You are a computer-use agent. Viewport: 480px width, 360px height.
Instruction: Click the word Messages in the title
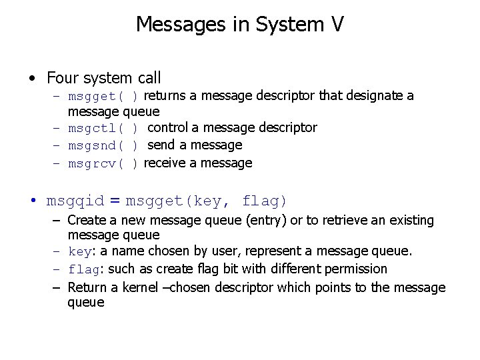(x=169, y=25)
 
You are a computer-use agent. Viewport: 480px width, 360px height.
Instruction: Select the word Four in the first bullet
(x=61, y=78)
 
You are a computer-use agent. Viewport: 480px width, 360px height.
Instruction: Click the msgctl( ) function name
(x=103, y=127)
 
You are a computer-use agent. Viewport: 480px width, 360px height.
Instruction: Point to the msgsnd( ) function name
(x=103, y=145)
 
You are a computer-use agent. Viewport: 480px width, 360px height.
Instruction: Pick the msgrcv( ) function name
(x=103, y=163)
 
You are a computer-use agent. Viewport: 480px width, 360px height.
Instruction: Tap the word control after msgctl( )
(x=173, y=127)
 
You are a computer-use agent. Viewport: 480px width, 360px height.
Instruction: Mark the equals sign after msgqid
(x=115, y=201)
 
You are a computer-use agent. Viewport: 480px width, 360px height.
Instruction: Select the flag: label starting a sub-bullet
(x=86, y=269)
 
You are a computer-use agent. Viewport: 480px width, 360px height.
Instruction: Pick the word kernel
(x=141, y=287)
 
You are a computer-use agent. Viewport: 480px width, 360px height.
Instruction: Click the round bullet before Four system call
(x=33, y=79)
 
